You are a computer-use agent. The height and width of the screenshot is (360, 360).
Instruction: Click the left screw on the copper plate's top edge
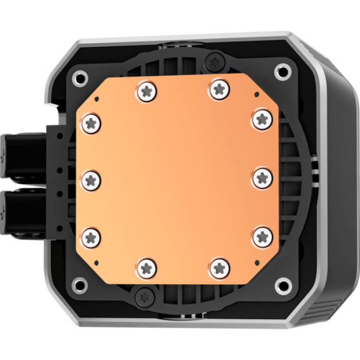point(147,93)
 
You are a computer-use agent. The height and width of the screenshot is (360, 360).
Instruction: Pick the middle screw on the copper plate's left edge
point(92,179)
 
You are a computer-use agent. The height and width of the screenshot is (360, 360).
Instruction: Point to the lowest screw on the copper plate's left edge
point(92,237)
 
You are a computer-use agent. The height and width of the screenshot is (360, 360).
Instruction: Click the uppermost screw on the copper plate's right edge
point(262,119)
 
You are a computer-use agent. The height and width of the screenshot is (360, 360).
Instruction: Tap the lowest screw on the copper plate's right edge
point(263,237)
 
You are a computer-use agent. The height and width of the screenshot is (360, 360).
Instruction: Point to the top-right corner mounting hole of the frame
point(281,71)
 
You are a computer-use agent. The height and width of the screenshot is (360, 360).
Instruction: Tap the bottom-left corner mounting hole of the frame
point(79,284)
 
